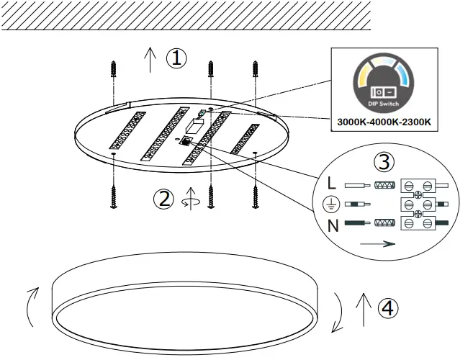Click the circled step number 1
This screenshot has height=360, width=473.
[176, 58]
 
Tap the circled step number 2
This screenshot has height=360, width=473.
[165, 199]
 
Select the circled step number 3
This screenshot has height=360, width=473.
[386, 162]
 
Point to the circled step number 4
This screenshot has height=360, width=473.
[387, 308]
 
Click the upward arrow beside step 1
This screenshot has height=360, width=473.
[150, 59]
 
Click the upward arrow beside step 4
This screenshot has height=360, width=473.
[362, 310]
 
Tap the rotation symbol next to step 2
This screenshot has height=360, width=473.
[190, 199]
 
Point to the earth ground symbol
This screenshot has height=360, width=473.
[330, 204]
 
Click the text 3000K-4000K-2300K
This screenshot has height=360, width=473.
[384, 122]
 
